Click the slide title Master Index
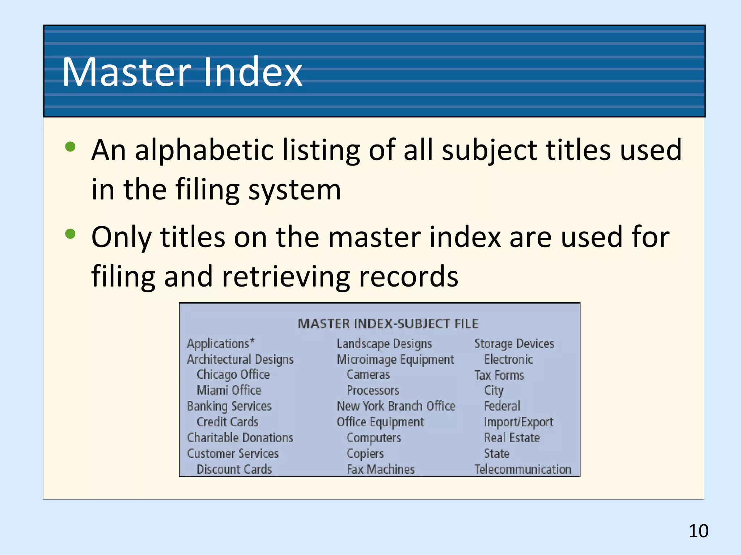point(182,72)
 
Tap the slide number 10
point(698,531)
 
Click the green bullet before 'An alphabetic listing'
point(70,147)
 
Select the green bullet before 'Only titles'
point(70,234)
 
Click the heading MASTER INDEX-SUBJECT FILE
point(388,324)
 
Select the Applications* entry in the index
point(221,343)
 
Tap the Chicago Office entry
point(233,375)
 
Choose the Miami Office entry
point(229,390)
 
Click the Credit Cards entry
point(227,422)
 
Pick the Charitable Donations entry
point(240,438)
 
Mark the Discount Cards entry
point(234,469)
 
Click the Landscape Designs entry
point(384,344)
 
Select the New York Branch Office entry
point(396,406)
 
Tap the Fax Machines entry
point(381,469)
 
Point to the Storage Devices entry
point(514,343)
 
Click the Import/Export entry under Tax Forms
point(518,422)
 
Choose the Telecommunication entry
point(523,469)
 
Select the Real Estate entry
point(512,438)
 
